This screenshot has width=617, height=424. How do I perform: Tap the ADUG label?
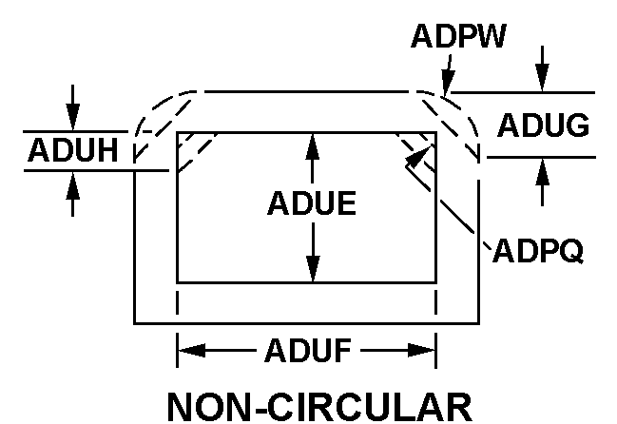click(x=544, y=125)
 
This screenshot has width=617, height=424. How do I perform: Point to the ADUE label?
click(x=312, y=203)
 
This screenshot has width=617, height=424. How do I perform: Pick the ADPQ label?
click(x=537, y=252)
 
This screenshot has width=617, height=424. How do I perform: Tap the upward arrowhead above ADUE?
click(x=312, y=141)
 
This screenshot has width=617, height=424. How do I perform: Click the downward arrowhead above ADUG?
click(x=542, y=84)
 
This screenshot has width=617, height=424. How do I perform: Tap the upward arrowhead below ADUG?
click(x=542, y=167)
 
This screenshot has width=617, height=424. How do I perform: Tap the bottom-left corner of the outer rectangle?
click(x=134, y=323)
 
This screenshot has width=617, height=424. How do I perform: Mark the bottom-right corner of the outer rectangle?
click(x=478, y=323)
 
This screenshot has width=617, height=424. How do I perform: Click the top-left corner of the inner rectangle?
click(x=178, y=132)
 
